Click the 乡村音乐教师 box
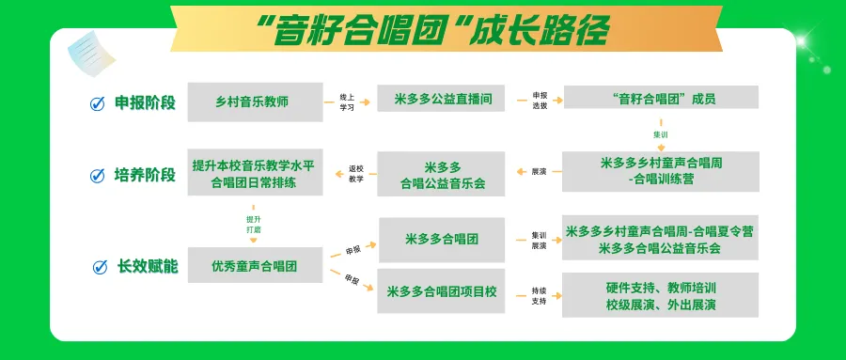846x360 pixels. pyautogui.click(x=255, y=102)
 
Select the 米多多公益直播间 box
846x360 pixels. pyautogui.click(x=441, y=99)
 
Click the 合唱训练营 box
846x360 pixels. pyautogui.click(x=661, y=171)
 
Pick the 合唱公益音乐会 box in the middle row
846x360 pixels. pyautogui.click(x=441, y=174)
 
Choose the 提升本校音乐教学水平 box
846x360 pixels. pyautogui.click(x=255, y=172)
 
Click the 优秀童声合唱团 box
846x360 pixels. pyautogui.click(x=255, y=265)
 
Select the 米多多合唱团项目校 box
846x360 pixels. pyautogui.click(x=441, y=291)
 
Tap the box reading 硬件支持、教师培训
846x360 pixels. pyautogui.click(x=661, y=295)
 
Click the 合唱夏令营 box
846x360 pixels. pyautogui.click(x=661, y=238)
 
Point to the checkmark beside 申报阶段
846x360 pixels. pyautogui.click(x=97, y=103)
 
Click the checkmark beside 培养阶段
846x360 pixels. pyautogui.click(x=97, y=176)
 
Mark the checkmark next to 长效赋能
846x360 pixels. pyautogui.click(x=100, y=267)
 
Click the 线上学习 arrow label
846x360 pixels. pyautogui.click(x=347, y=102)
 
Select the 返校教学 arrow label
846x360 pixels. pyautogui.click(x=356, y=174)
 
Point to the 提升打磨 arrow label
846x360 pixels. pyautogui.click(x=254, y=225)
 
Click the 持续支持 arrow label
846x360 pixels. pyautogui.click(x=539, y=296)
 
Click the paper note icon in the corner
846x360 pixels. pyautogui.click(x=91, y=54)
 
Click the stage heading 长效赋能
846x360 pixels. pyautogui.click(x=148, y=267)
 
